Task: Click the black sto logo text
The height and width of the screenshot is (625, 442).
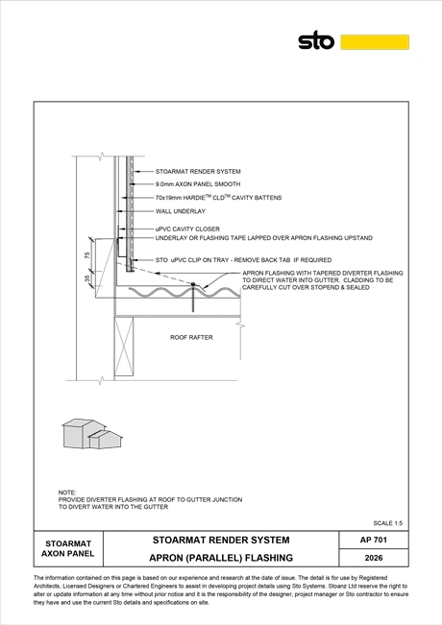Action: [316, 40]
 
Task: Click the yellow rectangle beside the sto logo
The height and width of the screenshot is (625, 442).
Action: [375, 42]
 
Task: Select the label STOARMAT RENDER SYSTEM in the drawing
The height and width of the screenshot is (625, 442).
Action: [198, 172]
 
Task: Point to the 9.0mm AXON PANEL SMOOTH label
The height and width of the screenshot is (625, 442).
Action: [198, 184]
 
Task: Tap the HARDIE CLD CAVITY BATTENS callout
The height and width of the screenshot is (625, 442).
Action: [218, 198]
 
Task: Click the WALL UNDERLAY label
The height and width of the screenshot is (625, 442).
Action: [181, 211]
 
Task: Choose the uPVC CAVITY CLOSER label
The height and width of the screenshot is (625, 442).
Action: [187, 229]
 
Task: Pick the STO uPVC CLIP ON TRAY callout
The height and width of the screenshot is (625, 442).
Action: [243, 260]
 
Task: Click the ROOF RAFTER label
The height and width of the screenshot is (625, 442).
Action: [191, 337]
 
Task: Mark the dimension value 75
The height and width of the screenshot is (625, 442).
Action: [87, 255]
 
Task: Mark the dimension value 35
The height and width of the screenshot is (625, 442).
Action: [87, 278]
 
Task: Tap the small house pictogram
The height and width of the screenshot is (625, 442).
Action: [92, 434]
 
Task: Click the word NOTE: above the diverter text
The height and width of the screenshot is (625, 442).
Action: [67, 493]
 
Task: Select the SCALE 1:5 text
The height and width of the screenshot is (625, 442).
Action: [388, 523]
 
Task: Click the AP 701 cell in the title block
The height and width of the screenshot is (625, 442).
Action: [374, 540]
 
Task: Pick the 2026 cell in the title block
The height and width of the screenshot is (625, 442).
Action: [374, 558]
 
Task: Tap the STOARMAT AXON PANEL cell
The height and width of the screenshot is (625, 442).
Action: [68, 548]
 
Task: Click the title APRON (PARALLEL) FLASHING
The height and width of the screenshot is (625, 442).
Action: [221, 558]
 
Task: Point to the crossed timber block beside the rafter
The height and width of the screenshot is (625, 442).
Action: [124, 347]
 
